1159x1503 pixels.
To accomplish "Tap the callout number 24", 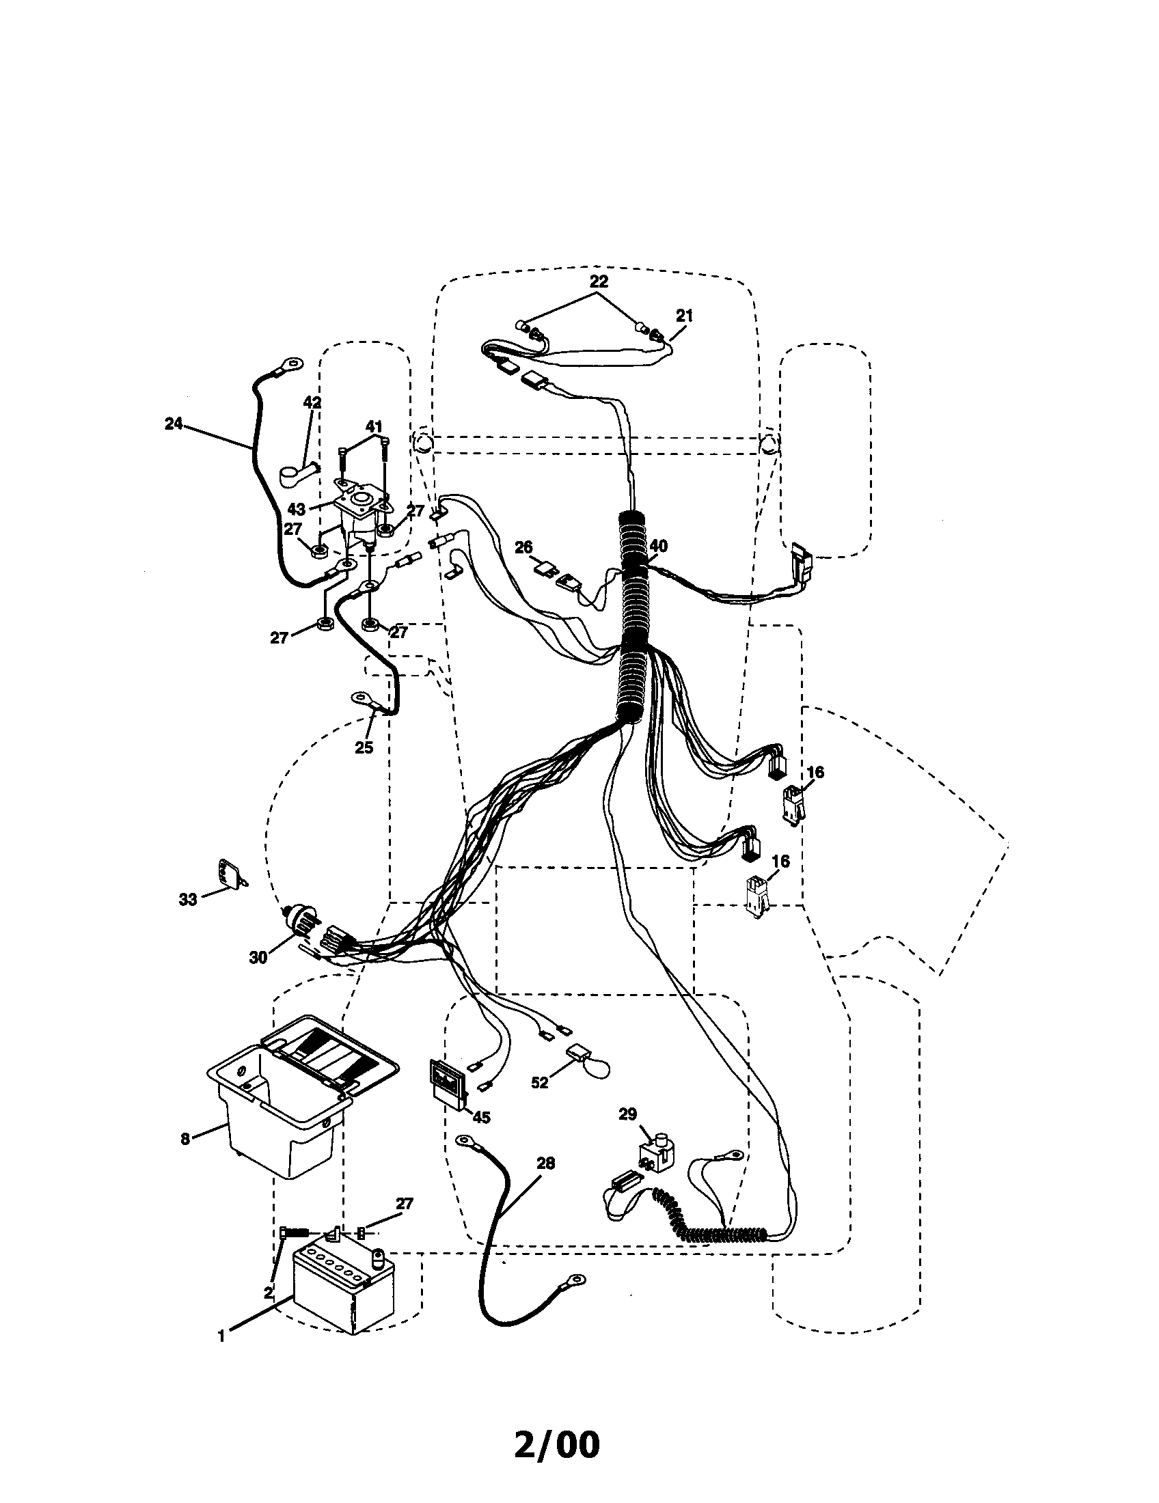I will pos(174,424).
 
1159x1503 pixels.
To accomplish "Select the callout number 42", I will pos(312,402).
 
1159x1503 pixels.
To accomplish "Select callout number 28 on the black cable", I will pos(546,1163).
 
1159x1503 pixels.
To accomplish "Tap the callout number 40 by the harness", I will pos(658,547).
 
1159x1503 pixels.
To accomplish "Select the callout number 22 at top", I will pos(599,281).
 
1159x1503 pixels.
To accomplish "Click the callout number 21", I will pos(684,316).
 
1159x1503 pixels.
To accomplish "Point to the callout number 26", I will pos(523,547).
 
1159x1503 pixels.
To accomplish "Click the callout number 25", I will pos(364,747).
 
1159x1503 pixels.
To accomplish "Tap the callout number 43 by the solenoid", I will pos(297,510).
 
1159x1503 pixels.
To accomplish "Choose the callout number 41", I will pos(373,427).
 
